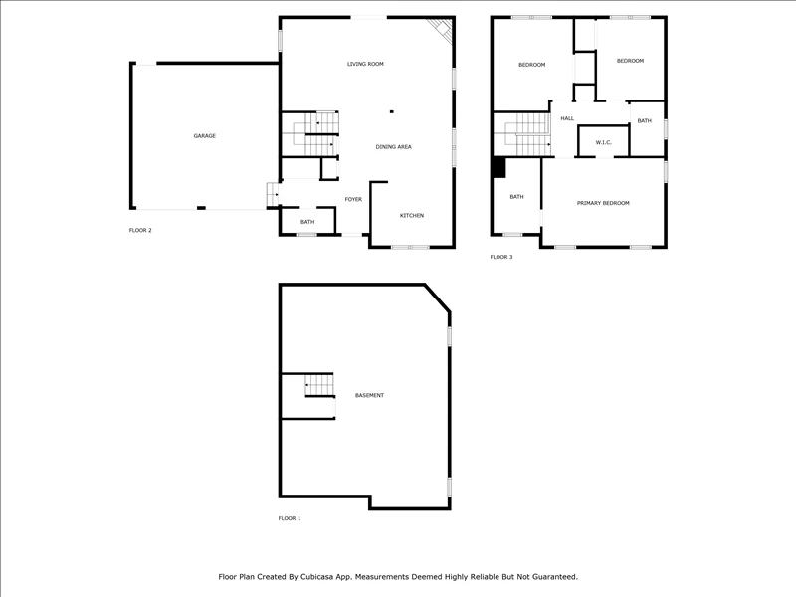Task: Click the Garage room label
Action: point(205,136)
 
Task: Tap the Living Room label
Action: point(365,64)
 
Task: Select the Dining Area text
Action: point(393,147)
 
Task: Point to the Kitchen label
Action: point(412,216)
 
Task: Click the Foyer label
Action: point(353,200)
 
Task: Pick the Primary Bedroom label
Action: point(603,203)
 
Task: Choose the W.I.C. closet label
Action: point(604,142)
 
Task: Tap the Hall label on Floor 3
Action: point(567,118)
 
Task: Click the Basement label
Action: point(369,395)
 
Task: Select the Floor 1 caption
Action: point(290,518)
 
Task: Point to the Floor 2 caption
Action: point(140,231)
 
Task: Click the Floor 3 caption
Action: point(501,257)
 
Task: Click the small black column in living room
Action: point(391,111)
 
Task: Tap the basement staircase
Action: point(319,386)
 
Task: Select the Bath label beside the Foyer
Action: point(307,222)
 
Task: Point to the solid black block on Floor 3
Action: point(499,168)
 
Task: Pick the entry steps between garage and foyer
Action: point(273,194)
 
